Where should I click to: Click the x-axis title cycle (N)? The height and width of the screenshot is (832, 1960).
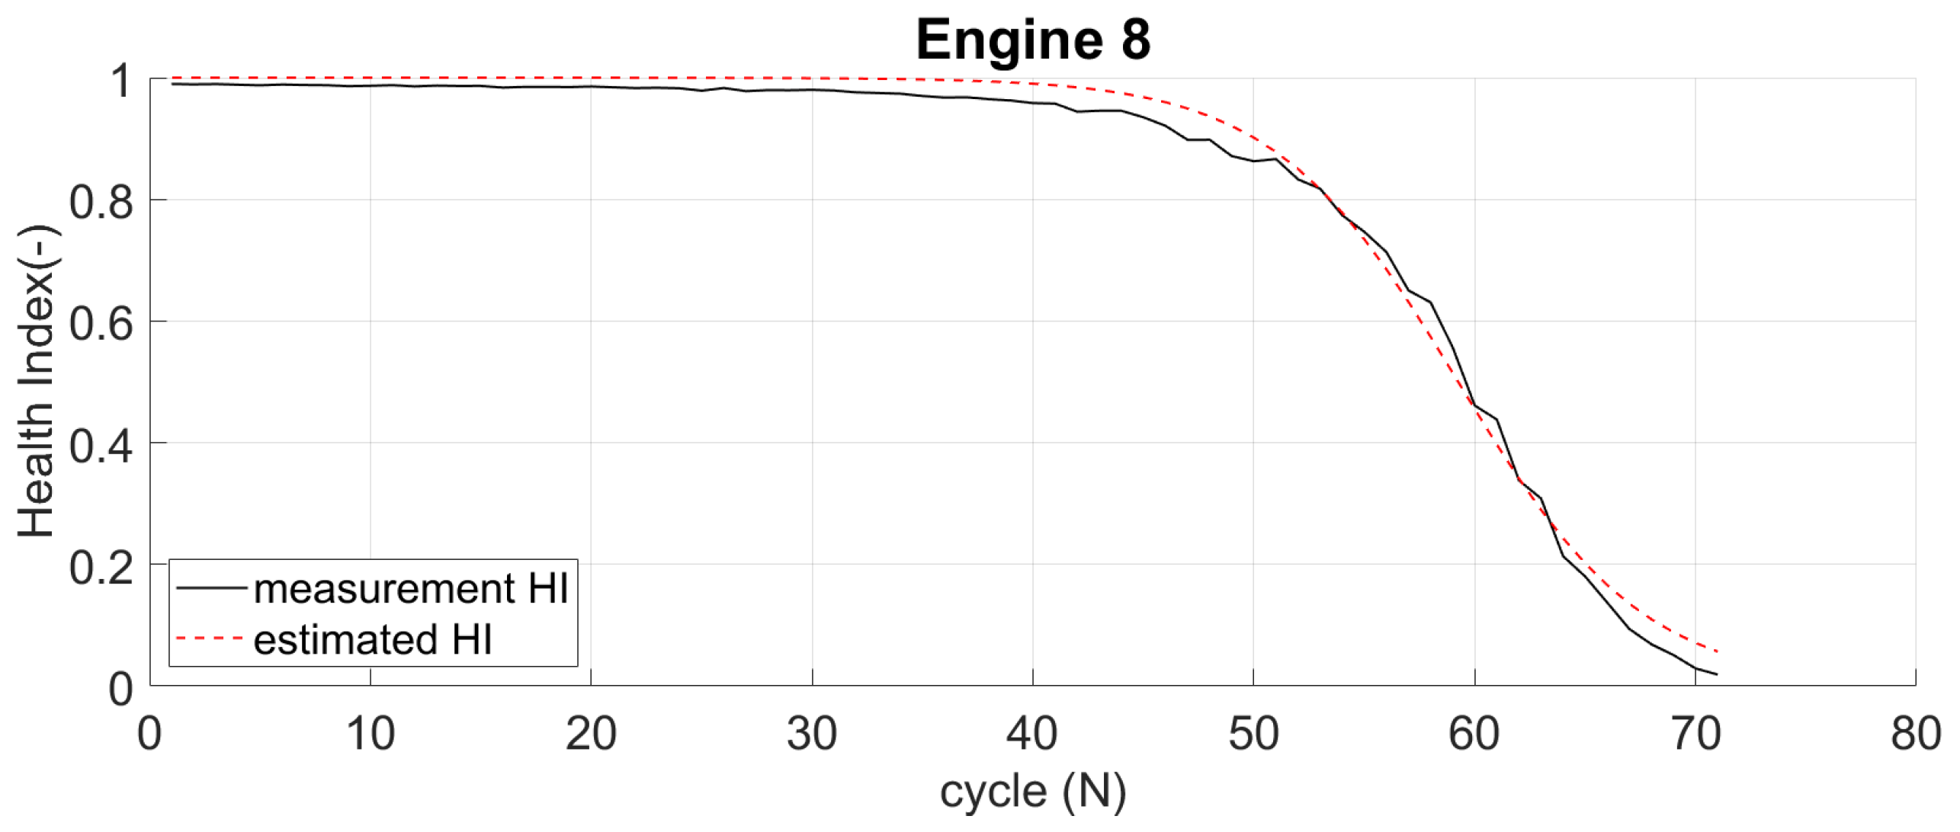click(1032, 792)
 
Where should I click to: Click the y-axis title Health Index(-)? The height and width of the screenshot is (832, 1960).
click(36, 381)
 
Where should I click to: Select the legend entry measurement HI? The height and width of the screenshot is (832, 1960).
click(411, 589)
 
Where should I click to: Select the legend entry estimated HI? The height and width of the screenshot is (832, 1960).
click(373, 639)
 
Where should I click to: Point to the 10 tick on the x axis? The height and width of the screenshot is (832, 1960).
click(371, 734)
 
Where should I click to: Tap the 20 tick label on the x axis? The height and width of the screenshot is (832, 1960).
click(591, 734)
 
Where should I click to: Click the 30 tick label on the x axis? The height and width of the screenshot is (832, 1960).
click(812, 734)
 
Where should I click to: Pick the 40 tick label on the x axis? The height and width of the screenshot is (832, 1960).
click(1032, 734)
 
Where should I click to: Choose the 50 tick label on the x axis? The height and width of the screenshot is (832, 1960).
click(1253, 734)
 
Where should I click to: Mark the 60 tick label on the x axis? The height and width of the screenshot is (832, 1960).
click(1474, 734)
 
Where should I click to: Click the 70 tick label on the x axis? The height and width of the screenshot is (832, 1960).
click(1695, 734)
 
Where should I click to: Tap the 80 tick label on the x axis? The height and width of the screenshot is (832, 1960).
click(1915, 734)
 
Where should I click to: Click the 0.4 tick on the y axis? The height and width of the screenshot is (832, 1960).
click(101, 446)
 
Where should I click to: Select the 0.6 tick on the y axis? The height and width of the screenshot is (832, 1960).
click(101, 324)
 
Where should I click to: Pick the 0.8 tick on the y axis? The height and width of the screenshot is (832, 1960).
click(101, 203)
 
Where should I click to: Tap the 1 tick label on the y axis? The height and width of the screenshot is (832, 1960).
click(121, 81)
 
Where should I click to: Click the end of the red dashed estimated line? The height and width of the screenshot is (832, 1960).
click(1717, 651)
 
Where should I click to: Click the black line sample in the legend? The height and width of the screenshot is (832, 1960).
click(211, 588)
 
